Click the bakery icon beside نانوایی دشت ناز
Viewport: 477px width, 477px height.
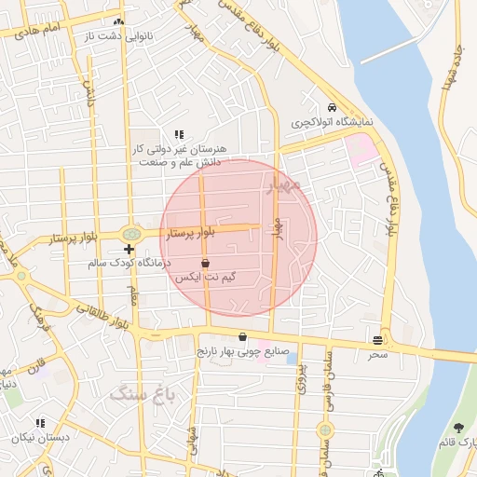coord(117,22)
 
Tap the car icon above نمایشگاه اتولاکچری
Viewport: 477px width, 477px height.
coord(333,105)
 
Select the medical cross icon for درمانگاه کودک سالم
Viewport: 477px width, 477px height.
coord(129,249)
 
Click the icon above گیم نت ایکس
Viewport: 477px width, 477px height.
coord(205,265)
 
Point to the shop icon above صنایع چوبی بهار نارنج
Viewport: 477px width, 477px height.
coord(243,337)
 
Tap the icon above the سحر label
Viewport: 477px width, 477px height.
coord(377,340)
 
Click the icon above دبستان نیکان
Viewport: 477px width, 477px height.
coord(39,423)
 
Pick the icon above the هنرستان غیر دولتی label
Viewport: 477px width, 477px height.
coord(180,134)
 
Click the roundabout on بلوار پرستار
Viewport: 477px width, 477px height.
coord(131,234)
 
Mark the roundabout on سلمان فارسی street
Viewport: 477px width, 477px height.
coord(324,430)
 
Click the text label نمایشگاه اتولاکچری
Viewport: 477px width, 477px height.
coord(333,122)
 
